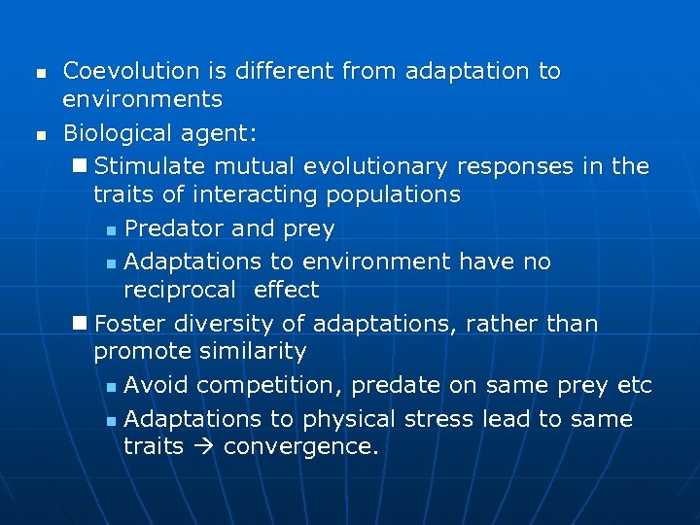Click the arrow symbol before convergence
tap(203, 447)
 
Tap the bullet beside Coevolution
tap(40, 73)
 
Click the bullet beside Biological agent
tap(40, 134)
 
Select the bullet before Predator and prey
tap(112, 231)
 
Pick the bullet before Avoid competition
tap(112, 388)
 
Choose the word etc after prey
tap(635, 386)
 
